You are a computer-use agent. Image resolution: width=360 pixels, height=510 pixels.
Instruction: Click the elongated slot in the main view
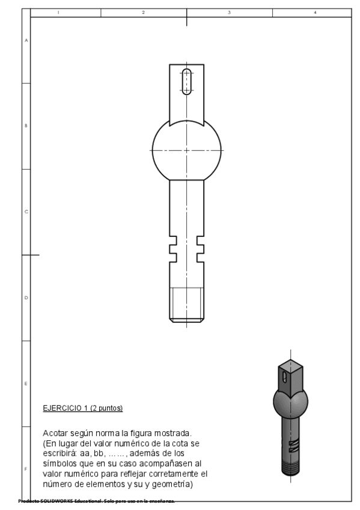coord(187,82)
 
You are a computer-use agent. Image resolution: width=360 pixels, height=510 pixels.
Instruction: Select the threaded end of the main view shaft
coord(186,304)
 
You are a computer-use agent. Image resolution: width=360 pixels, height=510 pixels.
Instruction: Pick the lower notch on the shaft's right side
coord(200,257)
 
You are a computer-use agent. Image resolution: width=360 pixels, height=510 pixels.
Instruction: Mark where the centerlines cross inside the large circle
coord(187,149)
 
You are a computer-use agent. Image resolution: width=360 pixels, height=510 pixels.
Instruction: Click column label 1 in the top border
coord(58,12)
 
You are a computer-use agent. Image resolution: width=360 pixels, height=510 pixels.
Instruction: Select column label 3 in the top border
coord(230,12)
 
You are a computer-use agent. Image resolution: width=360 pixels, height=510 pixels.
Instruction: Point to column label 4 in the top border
coord(315,12)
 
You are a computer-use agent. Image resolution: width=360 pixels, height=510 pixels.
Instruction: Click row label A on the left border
coord(26,40)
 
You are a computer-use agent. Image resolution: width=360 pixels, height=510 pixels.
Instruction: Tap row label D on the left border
coord(26,298)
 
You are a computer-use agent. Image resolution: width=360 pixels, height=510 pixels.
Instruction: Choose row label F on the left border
coord(26,469)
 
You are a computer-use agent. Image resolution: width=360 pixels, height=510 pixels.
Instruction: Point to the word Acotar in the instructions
coord(56,433)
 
